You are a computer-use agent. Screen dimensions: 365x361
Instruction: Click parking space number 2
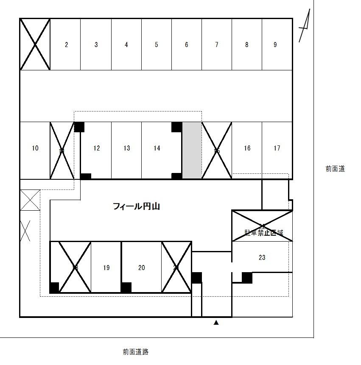click(66, 45)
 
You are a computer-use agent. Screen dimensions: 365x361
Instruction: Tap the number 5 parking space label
click(156, 45)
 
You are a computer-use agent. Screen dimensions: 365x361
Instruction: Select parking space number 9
click(275, 45)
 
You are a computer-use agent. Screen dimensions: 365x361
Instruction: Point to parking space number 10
click(35, 148)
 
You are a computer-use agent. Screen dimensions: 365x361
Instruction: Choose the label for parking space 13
click(127, 148)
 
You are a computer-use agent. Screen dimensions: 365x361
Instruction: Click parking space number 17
click(277, 148)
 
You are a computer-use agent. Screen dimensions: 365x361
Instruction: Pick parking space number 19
click(106, 267)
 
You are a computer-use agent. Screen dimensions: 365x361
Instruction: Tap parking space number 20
click(142, 267)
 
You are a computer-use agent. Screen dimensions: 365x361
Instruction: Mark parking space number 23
click(262, 257)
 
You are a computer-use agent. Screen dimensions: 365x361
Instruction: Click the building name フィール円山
click(136, 206)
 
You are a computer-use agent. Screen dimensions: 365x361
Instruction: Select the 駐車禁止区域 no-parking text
click(263, 233)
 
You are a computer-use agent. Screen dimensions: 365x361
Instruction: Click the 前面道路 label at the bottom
click(136, 351)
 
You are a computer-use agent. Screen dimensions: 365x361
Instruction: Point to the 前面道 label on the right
click(335, 169)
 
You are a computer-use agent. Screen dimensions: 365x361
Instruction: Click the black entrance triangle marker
click(216, 323)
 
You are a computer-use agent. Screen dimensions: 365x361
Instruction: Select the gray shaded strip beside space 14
click(192, 150)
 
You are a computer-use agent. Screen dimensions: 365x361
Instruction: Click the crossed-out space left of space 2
click(35, 44)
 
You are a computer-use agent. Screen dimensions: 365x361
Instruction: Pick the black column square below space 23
click(247, 278)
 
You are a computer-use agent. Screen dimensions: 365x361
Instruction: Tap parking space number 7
click(217, 45)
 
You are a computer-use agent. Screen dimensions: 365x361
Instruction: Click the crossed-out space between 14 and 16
click(217, 150)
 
